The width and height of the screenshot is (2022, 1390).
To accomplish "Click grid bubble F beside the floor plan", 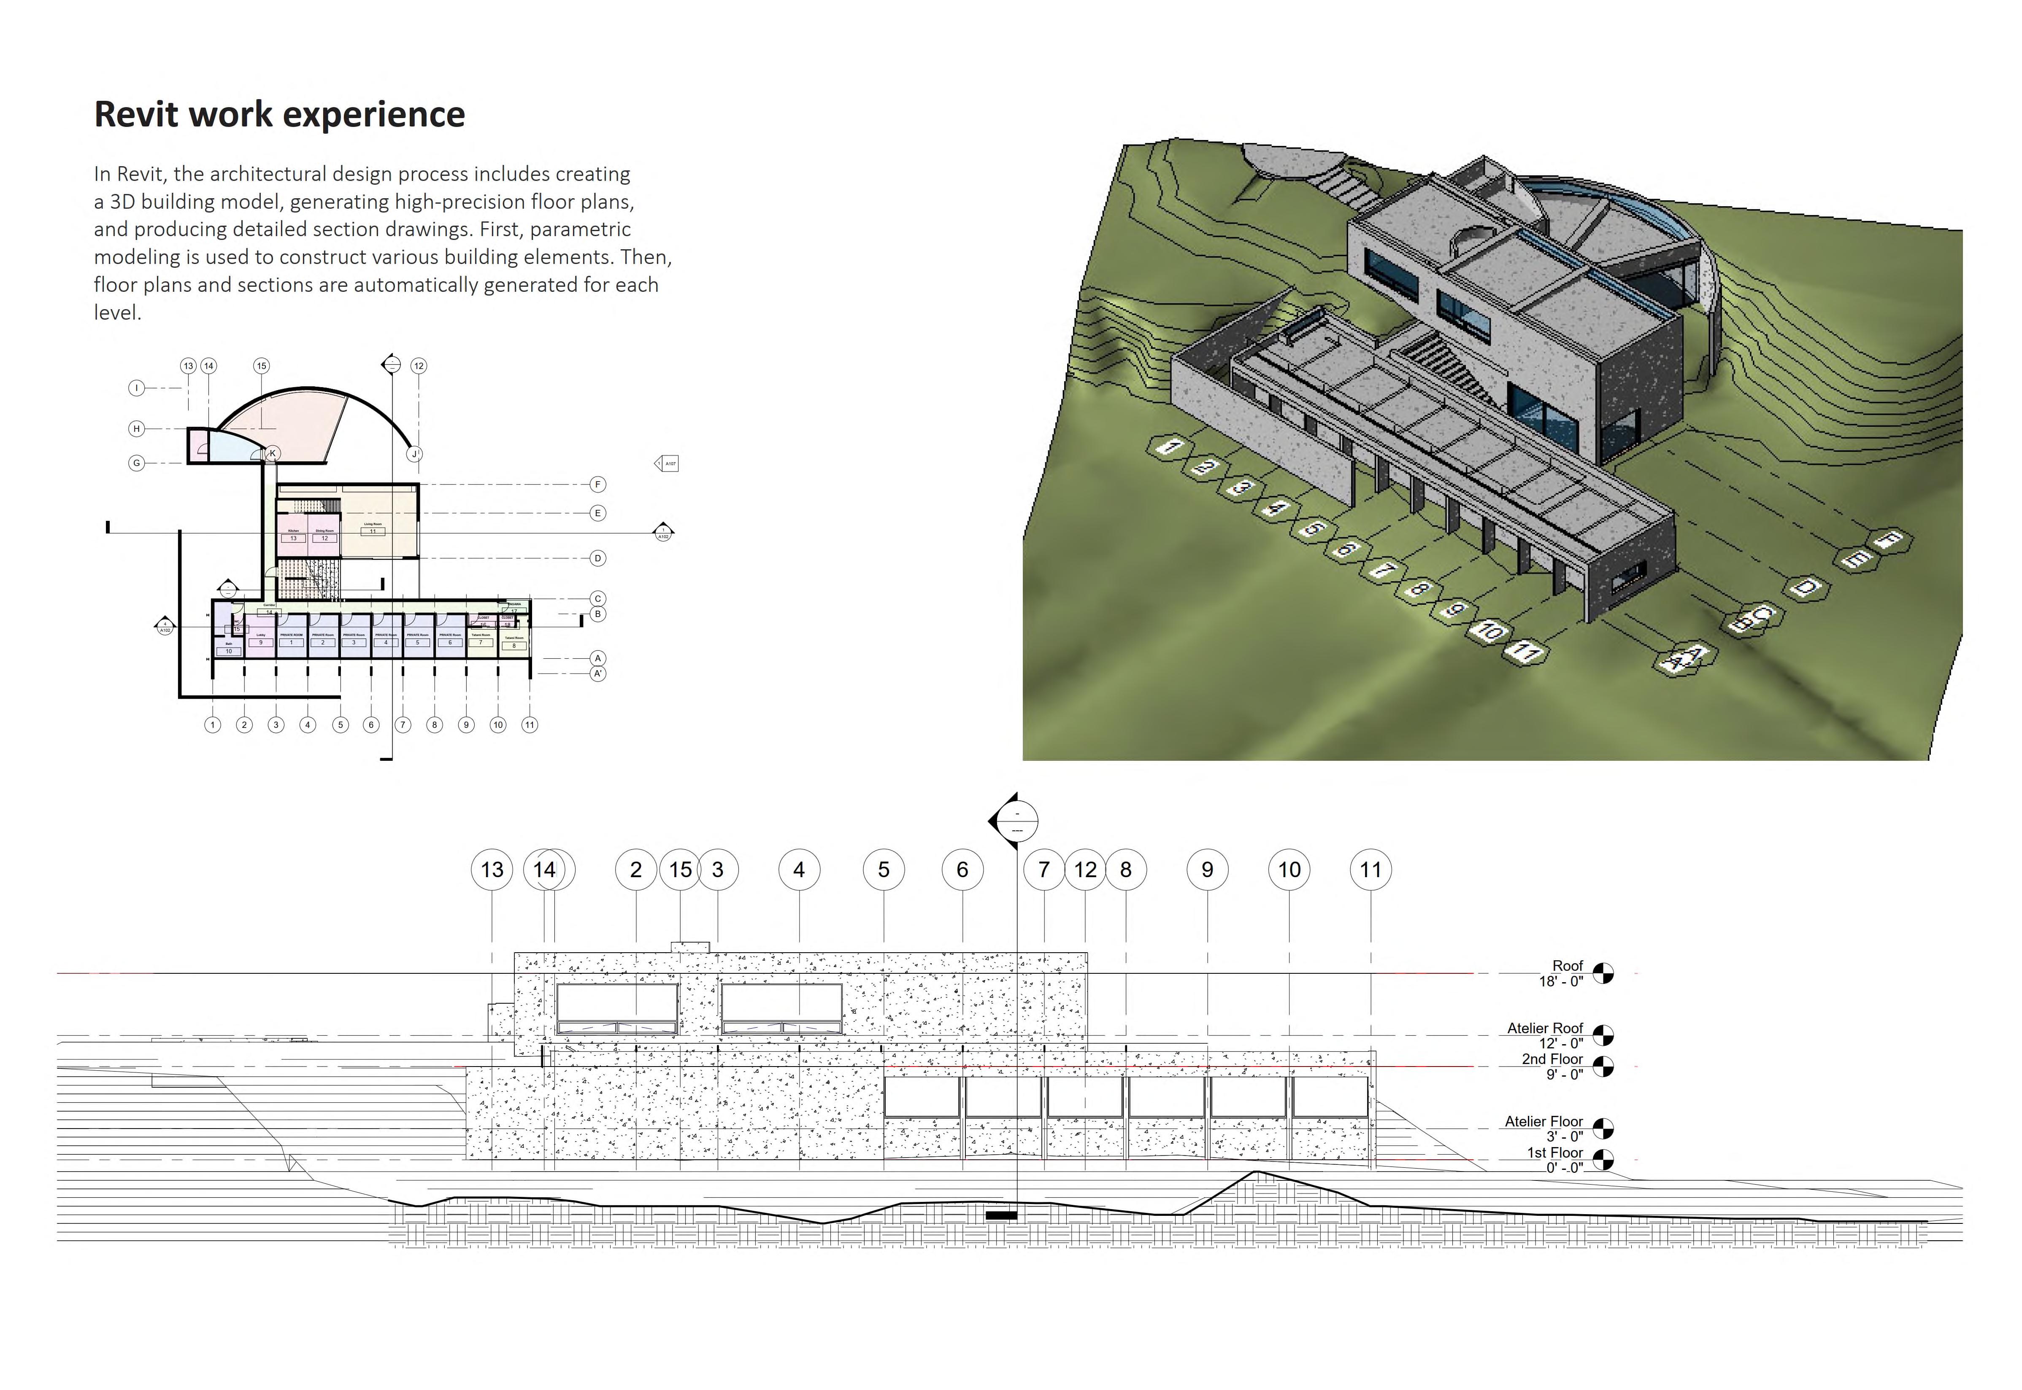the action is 597,484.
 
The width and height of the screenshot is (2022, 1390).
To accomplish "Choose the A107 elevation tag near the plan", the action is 666,464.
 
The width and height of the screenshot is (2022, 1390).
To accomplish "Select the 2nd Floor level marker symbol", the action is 1602,1066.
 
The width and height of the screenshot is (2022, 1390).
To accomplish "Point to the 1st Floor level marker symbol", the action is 1602,1159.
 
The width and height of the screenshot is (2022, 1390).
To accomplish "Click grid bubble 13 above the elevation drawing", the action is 492,869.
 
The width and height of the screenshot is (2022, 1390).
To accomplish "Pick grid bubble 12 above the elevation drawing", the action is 1084,869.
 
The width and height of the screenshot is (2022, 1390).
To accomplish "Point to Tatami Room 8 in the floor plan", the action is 514,642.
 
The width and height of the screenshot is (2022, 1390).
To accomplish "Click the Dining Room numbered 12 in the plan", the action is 324,534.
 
